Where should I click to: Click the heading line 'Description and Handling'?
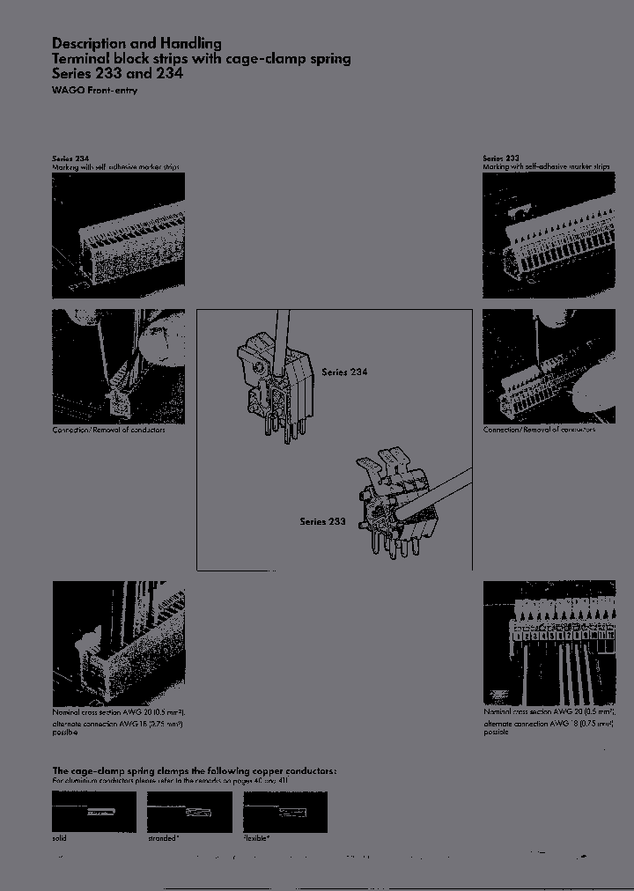(x=136, y=43)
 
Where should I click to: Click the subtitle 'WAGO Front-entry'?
(x=94, y=91)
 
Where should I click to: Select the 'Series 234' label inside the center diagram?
(x=344, y=372)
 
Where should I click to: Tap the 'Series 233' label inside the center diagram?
(x=322, y=521)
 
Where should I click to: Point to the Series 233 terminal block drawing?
(x=396, y=506)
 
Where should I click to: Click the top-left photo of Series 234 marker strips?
(x=119, y=234)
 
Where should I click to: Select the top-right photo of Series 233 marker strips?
(x=549, y=234)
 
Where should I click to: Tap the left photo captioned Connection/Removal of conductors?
(x=119, y=365)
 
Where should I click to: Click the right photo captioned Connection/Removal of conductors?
(x=549, y=365)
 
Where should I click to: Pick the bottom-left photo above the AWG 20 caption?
(x=119, y=643)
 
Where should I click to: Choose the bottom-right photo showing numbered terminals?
(x=549, y=643)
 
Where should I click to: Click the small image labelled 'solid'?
(x=94, y=812)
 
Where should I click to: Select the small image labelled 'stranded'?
(x=189, y=812)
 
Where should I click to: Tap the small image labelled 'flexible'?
(x=284, y=812)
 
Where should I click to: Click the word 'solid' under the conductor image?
(x=59, y=838)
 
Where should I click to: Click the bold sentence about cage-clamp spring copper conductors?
(x=194, y=770)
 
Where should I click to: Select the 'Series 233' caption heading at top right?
(x=500, y=158)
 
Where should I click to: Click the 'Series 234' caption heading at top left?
(x=70, y=158)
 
